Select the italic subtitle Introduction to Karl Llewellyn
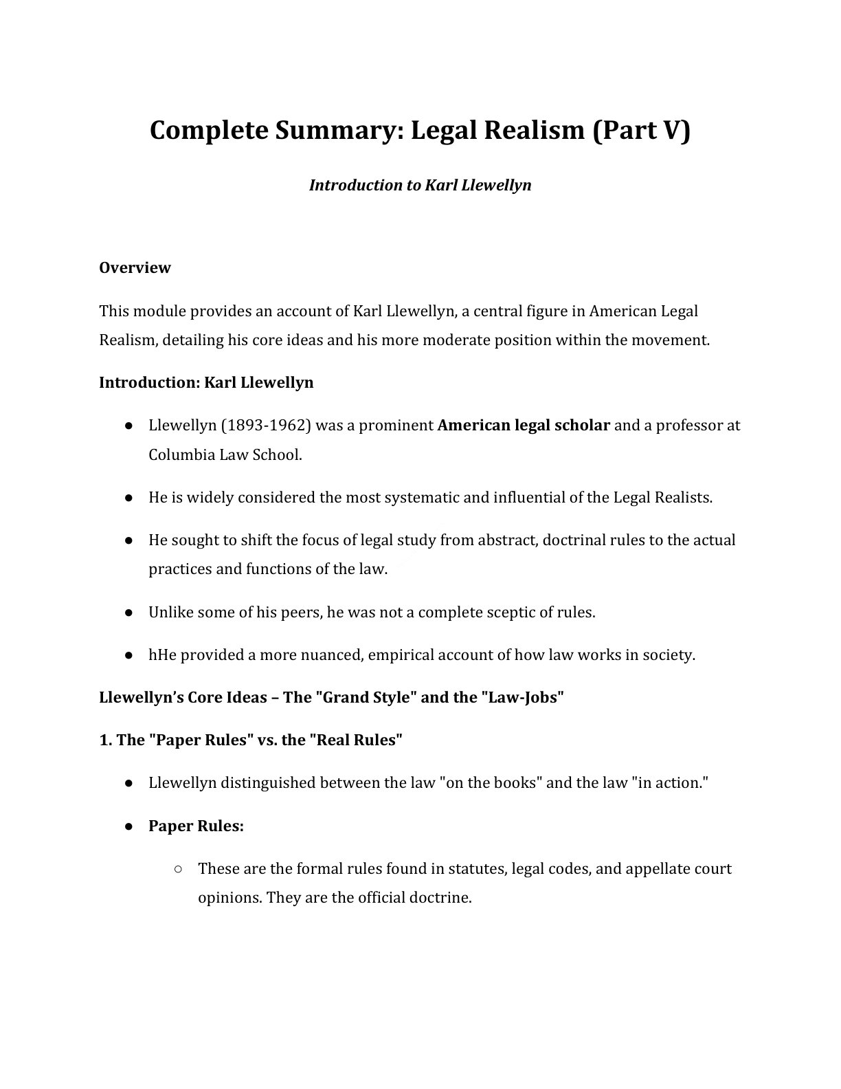[x=420, y=185]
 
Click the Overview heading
[x=135, y=267]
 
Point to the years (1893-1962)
[x=266, y=425]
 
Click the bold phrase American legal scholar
[x=524, y=425]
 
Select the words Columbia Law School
[x=225, y=454]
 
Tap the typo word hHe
[x=163, y=654]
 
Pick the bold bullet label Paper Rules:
[x=196, y=826]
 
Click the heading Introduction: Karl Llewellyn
[x=206, y=382]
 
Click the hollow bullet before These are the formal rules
[x=178, y=869]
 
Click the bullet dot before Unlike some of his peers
[x=128, y=612]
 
